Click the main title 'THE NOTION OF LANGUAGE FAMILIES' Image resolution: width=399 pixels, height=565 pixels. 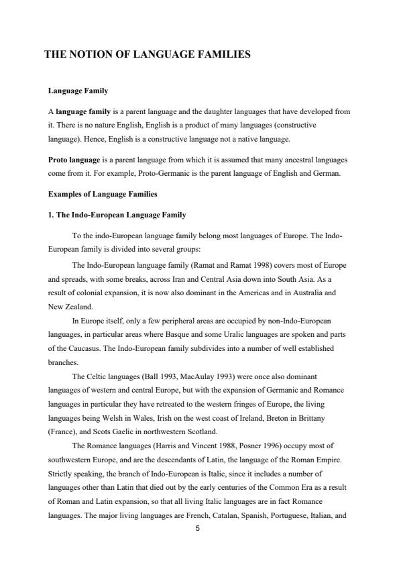pyautogui.click(x=148, y=55)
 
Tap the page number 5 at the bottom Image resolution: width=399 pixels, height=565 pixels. pyautogui.click(x=197, y=529)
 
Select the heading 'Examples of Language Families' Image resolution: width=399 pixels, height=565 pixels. pyautogui.click(x=103, y=194)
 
